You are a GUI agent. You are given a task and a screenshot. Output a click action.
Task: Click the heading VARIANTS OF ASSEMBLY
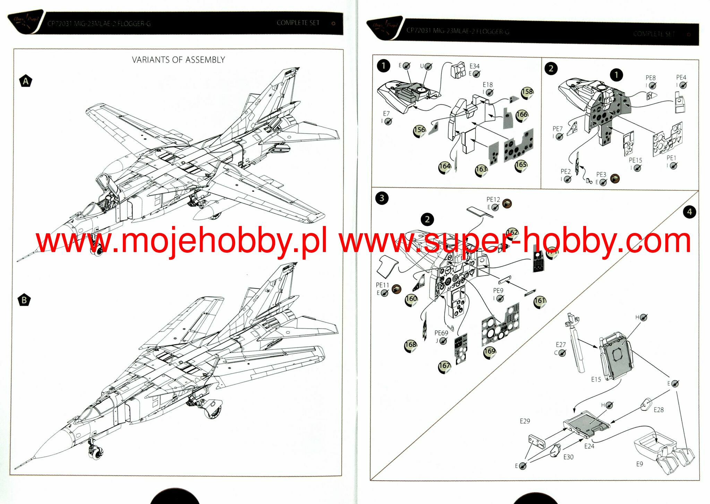tap(178, 60)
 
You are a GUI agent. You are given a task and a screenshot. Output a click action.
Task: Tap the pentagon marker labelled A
tap(26, 81)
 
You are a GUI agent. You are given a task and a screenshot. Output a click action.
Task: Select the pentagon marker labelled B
tap(24, 300)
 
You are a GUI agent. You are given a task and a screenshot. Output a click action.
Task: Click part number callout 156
tap(420, 130)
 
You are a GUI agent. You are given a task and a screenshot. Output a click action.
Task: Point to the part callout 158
tap(527, 92)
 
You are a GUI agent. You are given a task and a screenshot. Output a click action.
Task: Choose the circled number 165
tap(521, 165)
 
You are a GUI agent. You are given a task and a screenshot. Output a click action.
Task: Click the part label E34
tap(474, 66)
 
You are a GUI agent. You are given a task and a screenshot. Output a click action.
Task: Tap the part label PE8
tap(650, 78)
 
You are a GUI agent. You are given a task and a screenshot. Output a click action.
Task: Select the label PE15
tap(635, 160)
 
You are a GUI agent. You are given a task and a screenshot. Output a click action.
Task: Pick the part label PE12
tap(493, 199)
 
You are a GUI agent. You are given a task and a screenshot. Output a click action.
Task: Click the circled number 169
tap(490, 351)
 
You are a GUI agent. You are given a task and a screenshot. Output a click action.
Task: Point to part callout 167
tap(444, 366)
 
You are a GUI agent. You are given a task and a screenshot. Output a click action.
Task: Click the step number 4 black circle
tap(689, 212)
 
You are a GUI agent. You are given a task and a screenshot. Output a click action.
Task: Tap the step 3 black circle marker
tap(382, 198)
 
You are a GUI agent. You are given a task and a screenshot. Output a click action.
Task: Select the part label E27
tap(561, 345)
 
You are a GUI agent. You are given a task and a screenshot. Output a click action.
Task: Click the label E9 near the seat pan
tap(640, 464)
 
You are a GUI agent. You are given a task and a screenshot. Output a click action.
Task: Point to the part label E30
tap(568, 457)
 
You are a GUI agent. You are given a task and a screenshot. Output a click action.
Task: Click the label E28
tap(658, 410)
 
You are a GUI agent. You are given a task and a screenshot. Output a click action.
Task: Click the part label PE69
tap(441, 333)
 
